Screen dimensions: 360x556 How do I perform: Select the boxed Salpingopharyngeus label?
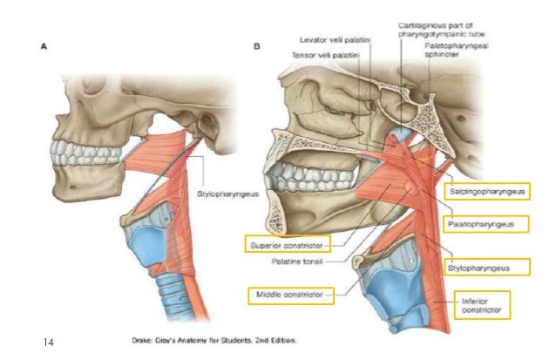[489, 189]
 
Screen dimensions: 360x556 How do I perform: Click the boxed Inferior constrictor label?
[478, 304]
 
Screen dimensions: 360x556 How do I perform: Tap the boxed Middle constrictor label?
[291, 295]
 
